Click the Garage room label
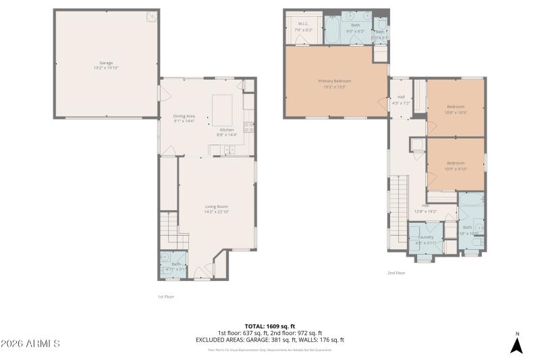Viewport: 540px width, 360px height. point(106,65)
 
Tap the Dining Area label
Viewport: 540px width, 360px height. point(184,118)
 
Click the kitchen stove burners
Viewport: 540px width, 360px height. point(248,127)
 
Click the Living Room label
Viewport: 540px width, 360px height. point(217,208)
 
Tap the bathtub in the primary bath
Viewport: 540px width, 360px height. point(333,29)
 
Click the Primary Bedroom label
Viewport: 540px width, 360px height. point(335,83)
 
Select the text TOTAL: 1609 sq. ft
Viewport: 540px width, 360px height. point(270,326)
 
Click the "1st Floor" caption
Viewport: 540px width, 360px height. point(165,296)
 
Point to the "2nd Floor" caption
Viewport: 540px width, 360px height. point(396,273)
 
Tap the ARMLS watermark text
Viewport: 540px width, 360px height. point(30,344)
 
